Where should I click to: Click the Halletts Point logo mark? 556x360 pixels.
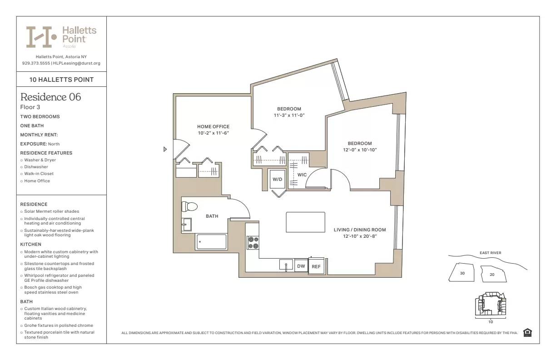point(41,37)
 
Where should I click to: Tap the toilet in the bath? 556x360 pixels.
point(189,207)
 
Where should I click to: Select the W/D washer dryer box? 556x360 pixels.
point(277,179)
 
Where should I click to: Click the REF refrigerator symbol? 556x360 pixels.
point(316,267)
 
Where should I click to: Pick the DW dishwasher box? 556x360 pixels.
point(301,266)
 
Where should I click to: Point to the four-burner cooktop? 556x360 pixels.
point(253,242)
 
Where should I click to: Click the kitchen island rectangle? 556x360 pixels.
point(305,222)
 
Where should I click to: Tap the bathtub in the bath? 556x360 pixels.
point(211,242)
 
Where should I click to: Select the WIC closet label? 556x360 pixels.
point(302,175)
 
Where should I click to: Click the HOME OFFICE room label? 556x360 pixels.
point(213,126)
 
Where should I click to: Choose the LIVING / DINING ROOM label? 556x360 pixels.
point(360,230)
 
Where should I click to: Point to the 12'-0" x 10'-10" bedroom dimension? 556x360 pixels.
point(360,150)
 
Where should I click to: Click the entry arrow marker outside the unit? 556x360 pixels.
point(165,149)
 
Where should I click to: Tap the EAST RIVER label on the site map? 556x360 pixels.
point(490,253)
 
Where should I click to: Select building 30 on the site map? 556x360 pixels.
point(462,273)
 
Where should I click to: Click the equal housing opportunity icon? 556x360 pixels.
point(527,333)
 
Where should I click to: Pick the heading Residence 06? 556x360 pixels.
point(51,97)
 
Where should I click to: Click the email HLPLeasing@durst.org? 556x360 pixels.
point(77,63)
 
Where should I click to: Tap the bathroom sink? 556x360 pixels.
point(186,224)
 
